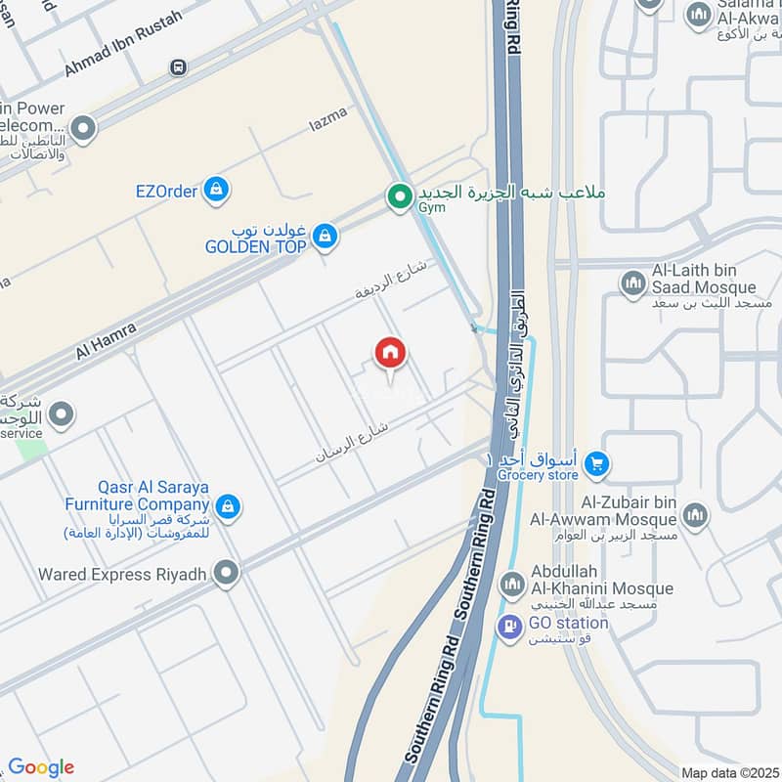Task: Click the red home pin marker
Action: [x=391, y=353]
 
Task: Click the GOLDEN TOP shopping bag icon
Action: [x=326, y=236]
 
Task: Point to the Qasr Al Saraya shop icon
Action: [x=228, y=506]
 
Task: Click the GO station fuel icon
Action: [x=509, y=626]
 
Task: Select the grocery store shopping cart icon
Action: [x=599, y=463]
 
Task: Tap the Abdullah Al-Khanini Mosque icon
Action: [x=511, y=586]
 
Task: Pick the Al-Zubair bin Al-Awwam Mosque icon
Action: [x=695, y=515]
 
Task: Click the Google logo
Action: [x=41, y=767]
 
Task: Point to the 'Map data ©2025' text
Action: [x=728, y=772]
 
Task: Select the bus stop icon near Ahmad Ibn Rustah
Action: [x=178, y=67]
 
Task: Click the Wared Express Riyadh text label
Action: [x=122, y=575]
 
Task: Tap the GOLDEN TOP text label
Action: [x=255, y=247]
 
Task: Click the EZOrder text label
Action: [x=167, y=191]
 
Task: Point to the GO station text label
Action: [x=568, y=624]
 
